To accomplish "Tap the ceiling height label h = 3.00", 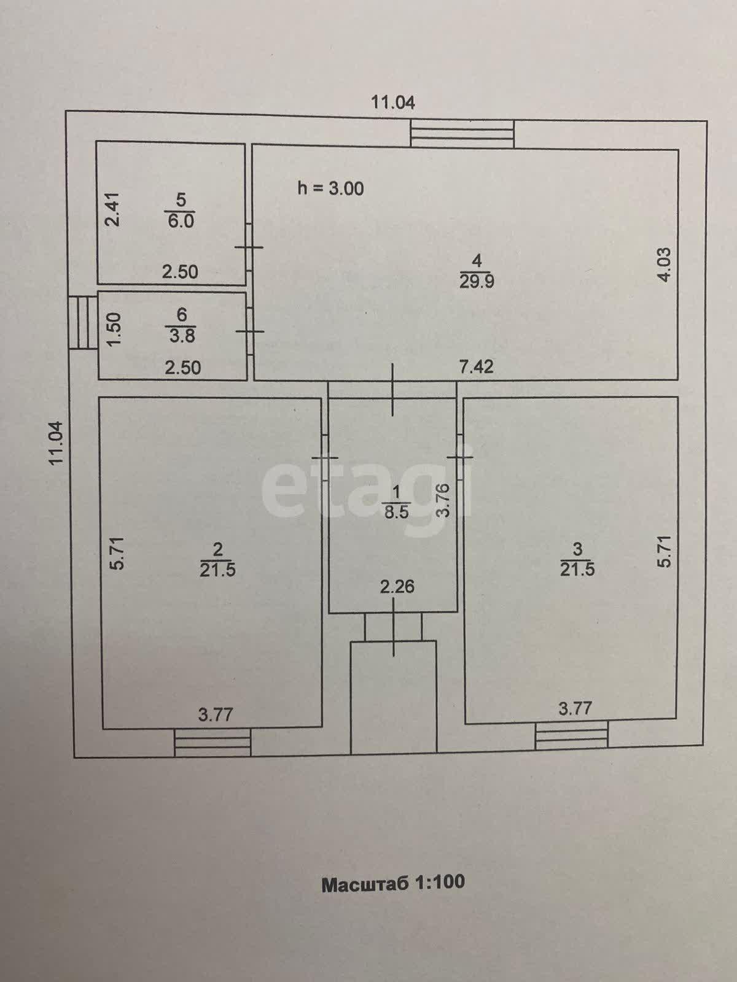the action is click(x=330, y=189).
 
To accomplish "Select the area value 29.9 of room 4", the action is click(x=477, y=282).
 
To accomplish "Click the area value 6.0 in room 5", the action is click(x=181, y=221).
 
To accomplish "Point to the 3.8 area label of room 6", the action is click(x=182, y=335).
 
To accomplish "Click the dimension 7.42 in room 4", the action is click(x=477, y=366).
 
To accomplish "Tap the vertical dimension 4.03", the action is click(x=665, y=265).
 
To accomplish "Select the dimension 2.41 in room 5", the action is click(x=115, y=209).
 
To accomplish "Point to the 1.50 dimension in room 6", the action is click(x=115, y=328).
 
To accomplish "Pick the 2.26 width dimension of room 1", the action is click(x=397, y=587).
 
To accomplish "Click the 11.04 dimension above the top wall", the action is click(x=393, y=102).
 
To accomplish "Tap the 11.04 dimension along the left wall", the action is click(x=58, y=443).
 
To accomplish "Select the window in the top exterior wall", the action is click(x=462, y=134).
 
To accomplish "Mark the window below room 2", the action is click(x=212, y=742).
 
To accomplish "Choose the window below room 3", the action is click(x=571, y=735).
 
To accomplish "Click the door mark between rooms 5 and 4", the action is click(x=249, y=247).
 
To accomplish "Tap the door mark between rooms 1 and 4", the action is click(x=393, y=390).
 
